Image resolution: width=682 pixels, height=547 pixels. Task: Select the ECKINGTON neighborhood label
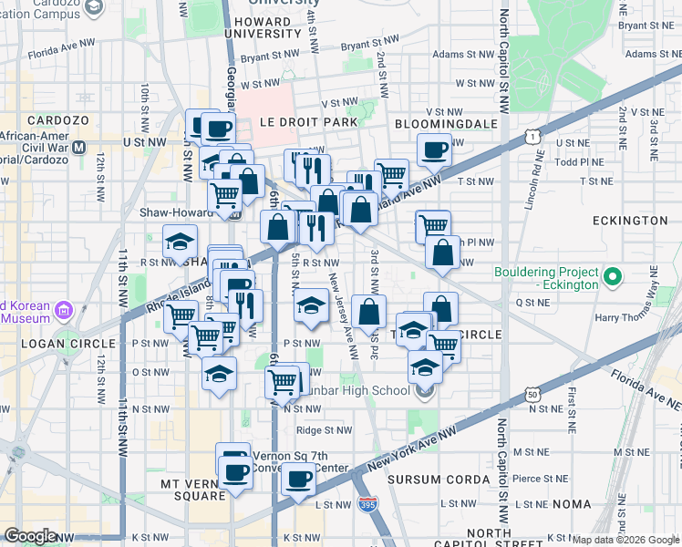(x=629, y=221)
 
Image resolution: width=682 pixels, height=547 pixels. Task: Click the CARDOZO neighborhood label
(x=57, y=120)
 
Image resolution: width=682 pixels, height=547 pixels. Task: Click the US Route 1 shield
(x=532, y=138)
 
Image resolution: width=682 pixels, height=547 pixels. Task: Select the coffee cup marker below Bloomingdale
(x=434, y=149)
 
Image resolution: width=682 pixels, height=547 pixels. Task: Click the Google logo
(x=30, y=536)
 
